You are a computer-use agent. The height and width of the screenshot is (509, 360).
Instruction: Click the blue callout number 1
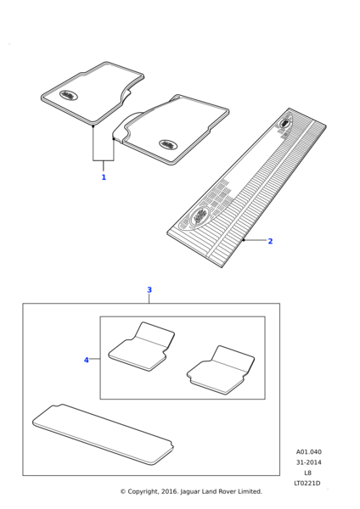104,177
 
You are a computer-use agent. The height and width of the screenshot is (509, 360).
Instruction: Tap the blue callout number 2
270,241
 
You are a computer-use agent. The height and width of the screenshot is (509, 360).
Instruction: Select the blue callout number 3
149,289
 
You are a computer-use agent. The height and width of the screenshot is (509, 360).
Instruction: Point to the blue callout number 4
87,360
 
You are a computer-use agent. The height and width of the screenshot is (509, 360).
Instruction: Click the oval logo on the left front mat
69,95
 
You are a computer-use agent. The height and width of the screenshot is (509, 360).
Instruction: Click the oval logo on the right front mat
169,144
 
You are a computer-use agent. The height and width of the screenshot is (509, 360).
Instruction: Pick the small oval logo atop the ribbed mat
284,123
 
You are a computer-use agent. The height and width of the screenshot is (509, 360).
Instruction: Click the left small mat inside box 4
141,346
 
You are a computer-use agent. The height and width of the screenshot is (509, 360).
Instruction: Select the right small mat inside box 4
221,370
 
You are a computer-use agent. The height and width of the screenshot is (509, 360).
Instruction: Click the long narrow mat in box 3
103,433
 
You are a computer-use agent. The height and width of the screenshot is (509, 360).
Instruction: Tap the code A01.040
309,451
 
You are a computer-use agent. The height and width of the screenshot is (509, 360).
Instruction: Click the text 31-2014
308,462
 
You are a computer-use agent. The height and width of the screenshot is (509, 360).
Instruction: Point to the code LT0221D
307,483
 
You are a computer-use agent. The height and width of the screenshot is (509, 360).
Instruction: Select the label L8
307,473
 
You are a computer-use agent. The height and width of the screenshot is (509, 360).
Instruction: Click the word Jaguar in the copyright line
190,491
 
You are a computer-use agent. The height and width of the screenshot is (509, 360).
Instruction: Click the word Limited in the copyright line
250,491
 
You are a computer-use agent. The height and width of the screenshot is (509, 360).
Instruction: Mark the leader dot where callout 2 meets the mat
244,240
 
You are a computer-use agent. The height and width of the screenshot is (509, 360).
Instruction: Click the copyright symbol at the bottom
123,491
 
